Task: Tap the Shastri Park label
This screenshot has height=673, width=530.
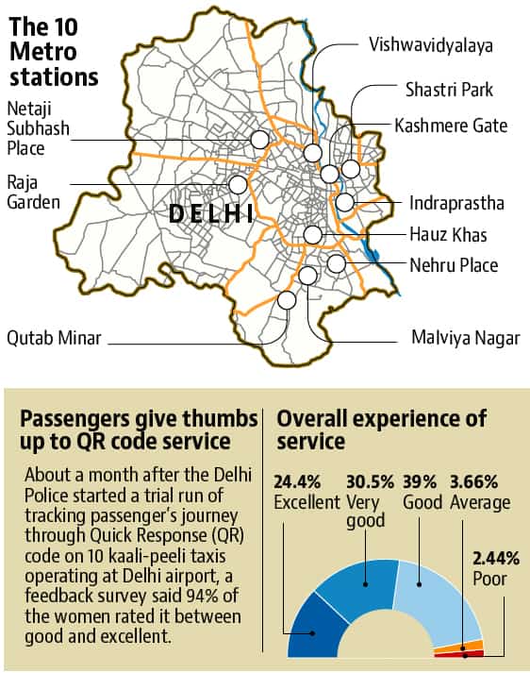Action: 449,90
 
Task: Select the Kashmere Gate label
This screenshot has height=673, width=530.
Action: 451,126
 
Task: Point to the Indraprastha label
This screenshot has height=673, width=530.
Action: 456,203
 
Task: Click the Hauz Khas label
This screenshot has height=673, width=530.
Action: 448,235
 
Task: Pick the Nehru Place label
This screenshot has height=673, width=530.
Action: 454,265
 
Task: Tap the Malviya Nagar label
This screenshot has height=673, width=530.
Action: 466,338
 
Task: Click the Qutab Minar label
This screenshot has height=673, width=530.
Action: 54,338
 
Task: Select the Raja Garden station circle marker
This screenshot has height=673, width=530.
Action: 238,185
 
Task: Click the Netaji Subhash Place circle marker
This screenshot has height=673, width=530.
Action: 259,140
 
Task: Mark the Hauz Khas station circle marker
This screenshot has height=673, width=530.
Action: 313,235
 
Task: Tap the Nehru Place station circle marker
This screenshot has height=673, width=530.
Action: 336,263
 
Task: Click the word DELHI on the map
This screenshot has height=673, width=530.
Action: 211,213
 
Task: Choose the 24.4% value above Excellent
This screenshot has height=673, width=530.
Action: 297,482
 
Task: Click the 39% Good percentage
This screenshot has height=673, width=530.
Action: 420,482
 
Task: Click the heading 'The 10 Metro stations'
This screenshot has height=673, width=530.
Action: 54,52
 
